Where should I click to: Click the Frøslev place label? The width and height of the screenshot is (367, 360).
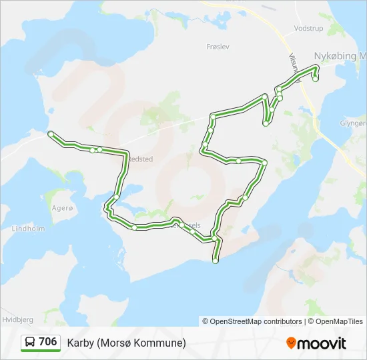pyautogui.click(x=218, y=47)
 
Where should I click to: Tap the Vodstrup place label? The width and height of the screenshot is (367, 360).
pyautogui.click(x=308, y=29)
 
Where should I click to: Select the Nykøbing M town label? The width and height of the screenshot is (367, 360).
pyautogui.click(x=340, y=56)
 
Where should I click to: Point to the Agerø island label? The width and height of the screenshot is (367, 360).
pyautogui.click(x=61, y=208)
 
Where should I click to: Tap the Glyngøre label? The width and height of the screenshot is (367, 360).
pyautogui.click(x=353, y=123)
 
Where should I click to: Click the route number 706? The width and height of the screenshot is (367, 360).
pyautogui.click(x=47, y=342)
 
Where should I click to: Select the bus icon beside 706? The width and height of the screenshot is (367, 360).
pyautogui.click(x=30, y=343)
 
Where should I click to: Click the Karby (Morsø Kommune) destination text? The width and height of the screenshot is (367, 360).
pyautogui.click(x=126, y=343)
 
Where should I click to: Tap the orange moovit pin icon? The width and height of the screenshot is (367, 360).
pyautogui.click(x=292, y=343)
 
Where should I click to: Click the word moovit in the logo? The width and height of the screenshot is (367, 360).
pyautogui.click(x=322, y=343)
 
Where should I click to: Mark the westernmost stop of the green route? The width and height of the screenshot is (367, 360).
pyautogui.click(x=51, y=135)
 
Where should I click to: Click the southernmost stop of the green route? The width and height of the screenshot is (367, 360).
pyautogui.click(x=215, y=261)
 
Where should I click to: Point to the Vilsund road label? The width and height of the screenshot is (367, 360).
pyautogui.click(x=292, y=66)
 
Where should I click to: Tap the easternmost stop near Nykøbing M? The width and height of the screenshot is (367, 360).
pyautogui.click(x=316, y=79)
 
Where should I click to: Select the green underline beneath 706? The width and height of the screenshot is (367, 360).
pyautogui.click(x=41, y=351)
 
